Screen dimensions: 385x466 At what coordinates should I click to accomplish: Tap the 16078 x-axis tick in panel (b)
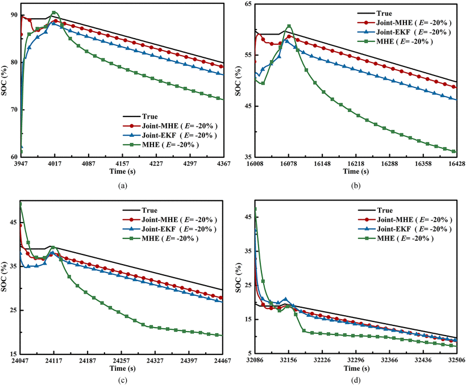coord(288,164)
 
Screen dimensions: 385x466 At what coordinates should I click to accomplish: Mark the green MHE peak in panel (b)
coord(289,26)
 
